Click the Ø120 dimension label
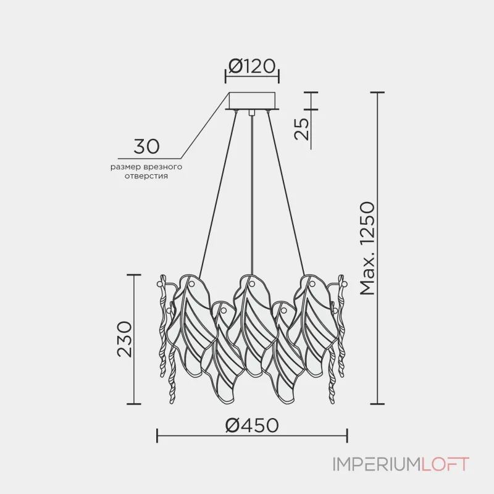click(x=252, y=66)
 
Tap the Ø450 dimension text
click(x=252, y=425)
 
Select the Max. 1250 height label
click(x=367, y=249)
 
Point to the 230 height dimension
click(x=124, y=339)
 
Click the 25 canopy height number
click(x=301, y=128)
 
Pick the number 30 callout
click(x=146, y=146)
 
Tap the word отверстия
click(x=146, y=176)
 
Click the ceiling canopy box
click(x=252, y=101)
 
